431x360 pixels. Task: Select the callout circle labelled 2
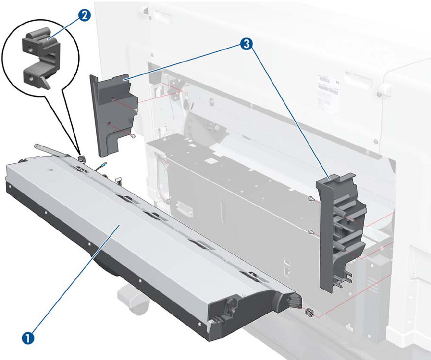[84, 16]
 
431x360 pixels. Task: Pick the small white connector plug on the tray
[119, 180]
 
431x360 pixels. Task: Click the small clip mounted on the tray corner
[82, 157]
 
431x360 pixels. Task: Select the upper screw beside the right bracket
[310, 199]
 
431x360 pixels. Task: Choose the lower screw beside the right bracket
[310, 231]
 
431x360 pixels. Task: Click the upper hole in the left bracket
[114, 99]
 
